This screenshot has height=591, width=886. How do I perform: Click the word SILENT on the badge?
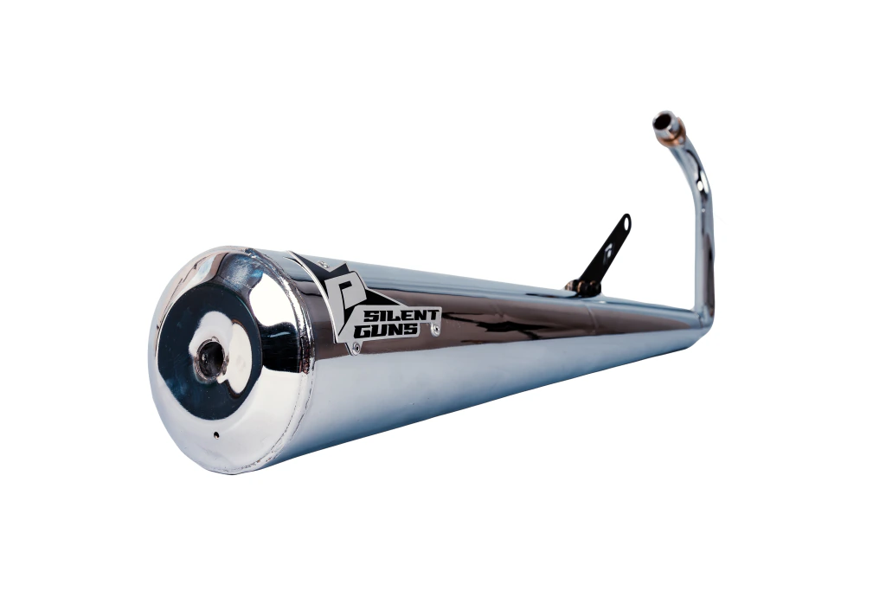click(x=402, y=315)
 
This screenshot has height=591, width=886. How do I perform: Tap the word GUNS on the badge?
click(x=386, y=331)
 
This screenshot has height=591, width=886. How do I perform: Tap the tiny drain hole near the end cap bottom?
click(x=215, y=434)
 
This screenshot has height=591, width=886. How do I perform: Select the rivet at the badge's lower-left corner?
click(x=356, y=350)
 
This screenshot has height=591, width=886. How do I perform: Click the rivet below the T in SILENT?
click(x=436, y=331)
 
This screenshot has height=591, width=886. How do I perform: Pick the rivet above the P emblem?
click(x=324, y=263)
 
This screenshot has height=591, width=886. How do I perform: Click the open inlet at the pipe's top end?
click(x=660, y=122)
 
